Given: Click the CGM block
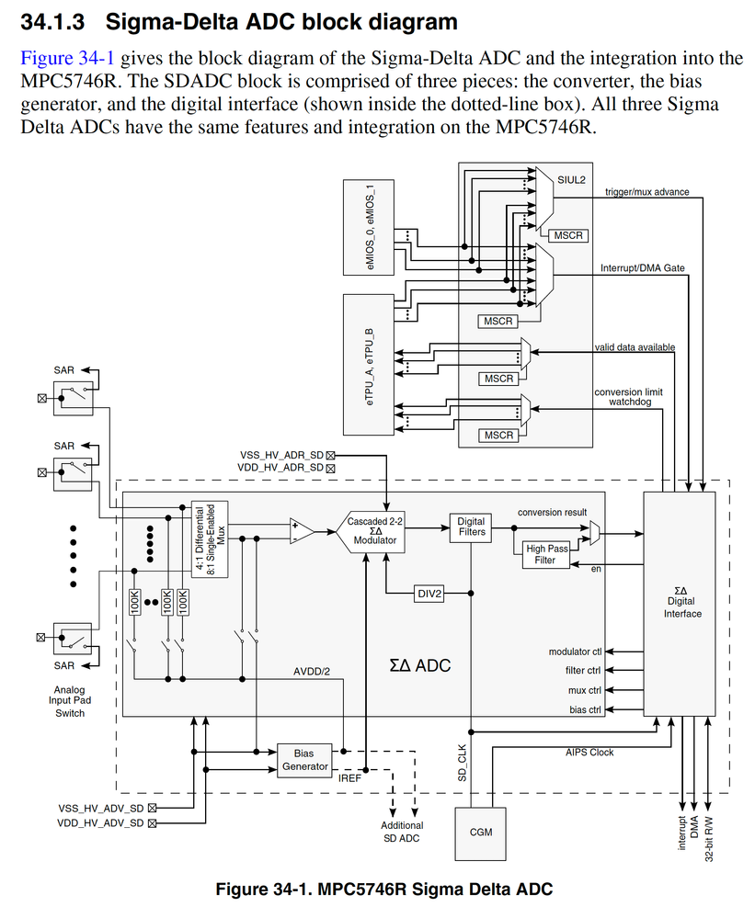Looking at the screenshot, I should coord(480,833).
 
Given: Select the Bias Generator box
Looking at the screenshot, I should coord(303,759).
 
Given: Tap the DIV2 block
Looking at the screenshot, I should coord(429,594).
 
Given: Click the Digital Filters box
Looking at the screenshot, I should coord(471,527).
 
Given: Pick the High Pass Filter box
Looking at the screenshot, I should coord(545,554).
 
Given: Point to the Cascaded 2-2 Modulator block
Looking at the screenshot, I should coord(374,531).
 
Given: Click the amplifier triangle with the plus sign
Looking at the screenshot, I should coord(300,531).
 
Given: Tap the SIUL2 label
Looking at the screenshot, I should coord(571,181).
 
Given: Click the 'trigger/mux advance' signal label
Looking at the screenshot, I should coord(646,192).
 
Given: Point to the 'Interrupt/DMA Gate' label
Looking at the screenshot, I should coord(643,268).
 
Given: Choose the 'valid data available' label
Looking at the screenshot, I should coord(635,347).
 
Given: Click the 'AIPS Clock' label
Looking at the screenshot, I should coord(589,753).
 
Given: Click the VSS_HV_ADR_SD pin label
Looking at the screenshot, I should coord(282,454).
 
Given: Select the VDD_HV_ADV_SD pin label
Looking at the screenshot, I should coord(100,823).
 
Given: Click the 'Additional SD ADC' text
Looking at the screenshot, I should coord(402,832).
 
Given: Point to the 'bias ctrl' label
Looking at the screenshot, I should coord(585,709).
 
